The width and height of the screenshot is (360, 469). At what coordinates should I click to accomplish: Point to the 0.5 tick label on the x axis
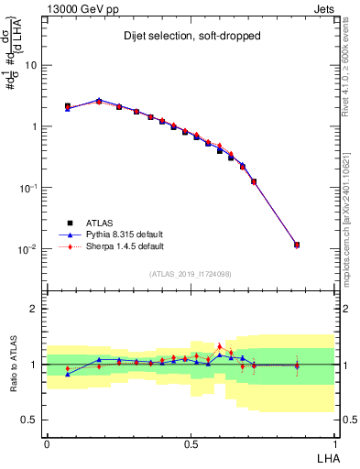[x=191, y=442]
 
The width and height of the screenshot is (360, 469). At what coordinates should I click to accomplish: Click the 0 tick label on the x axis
[x=47, y=442]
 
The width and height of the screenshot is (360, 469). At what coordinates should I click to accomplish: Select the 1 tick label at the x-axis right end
[x=334, y=442]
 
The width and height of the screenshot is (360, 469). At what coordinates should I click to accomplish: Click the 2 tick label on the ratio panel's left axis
[x=37, y=309]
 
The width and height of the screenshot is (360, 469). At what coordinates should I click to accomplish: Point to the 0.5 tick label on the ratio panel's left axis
[x=32, y=420]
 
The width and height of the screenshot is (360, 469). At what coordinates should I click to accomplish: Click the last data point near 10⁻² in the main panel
[x=297, y=245]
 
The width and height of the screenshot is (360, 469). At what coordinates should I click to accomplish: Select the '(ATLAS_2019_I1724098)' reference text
[x=191, y=274]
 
